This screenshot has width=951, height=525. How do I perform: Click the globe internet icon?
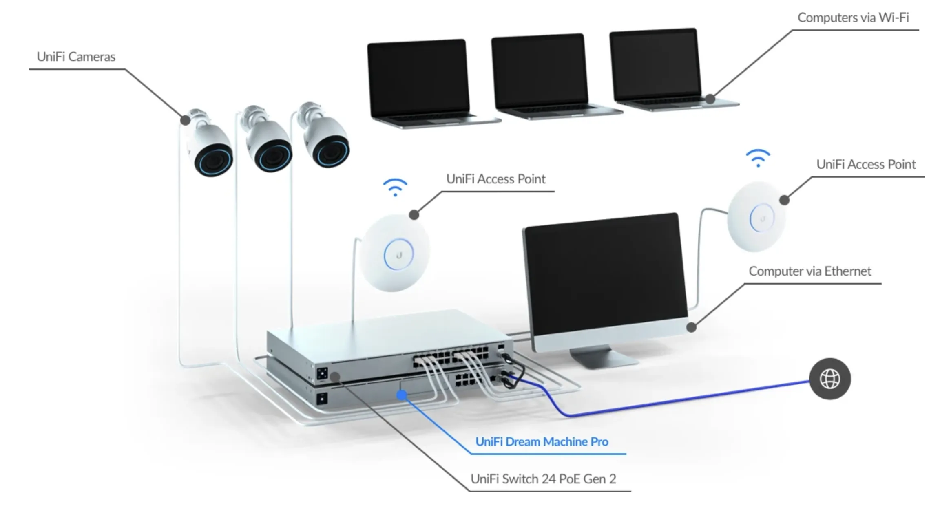coord(829,379)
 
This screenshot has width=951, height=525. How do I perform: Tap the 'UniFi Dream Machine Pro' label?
coord(542,442)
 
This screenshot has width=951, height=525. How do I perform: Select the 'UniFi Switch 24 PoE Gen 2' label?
coord(543,479)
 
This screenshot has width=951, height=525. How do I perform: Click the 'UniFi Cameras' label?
coord(76,57)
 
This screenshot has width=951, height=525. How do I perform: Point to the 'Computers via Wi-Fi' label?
coord(853,18)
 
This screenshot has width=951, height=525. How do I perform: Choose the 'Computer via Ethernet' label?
coord(809,271)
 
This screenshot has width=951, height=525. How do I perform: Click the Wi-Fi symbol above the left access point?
coord(395,187)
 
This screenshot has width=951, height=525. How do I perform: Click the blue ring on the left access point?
coord(398,255)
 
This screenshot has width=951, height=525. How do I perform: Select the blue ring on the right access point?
coord(761,218)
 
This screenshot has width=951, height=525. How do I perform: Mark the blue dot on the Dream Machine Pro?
coord(402,395)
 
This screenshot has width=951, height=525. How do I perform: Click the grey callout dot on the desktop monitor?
coord(691,327)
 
